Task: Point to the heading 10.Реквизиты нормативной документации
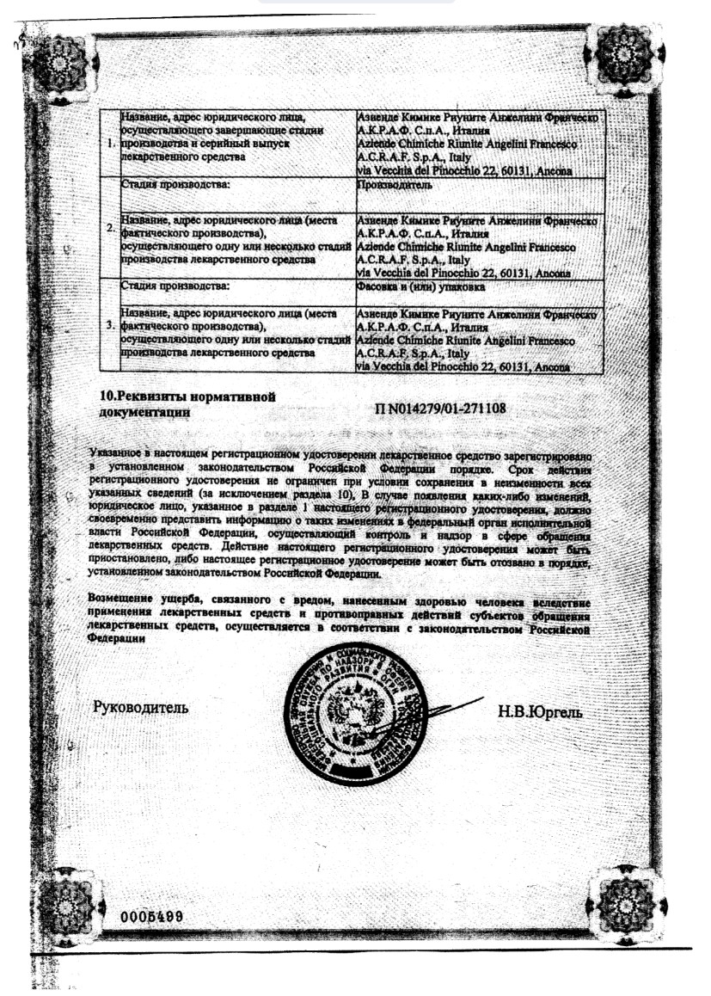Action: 187,404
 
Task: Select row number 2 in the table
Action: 111,230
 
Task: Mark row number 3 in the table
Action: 111,328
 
